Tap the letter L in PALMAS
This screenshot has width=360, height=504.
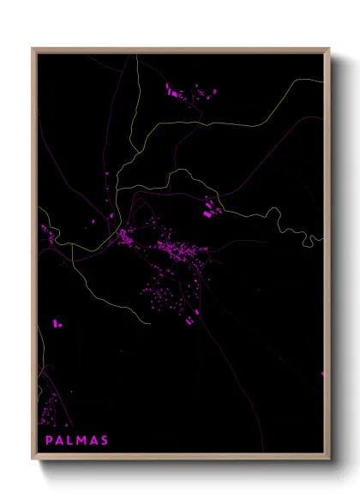click(72, 441)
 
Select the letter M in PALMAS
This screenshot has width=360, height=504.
click(83, 441)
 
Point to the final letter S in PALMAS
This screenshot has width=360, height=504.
click(105, 441)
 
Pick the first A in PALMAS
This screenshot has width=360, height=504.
click(60, 441)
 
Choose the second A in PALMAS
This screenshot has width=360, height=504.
click(94, 441)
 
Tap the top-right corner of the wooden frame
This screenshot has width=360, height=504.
click(330, 49)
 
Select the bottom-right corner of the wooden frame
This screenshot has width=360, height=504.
click(330, 459)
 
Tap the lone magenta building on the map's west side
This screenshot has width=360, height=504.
click(57, 324)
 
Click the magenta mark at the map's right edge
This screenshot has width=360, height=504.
click(323, 373)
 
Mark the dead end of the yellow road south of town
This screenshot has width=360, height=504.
click(151, 323)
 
